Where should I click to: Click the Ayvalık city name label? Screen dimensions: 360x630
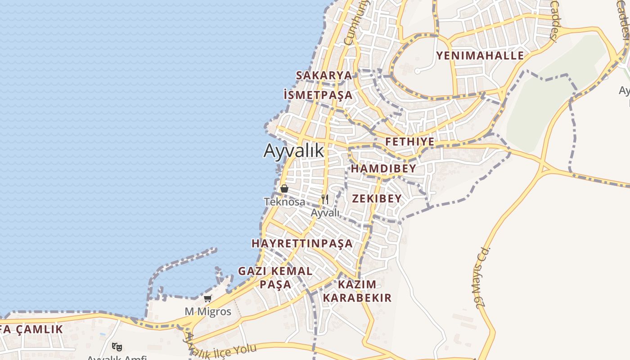293,150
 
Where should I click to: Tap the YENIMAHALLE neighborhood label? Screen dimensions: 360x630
480,56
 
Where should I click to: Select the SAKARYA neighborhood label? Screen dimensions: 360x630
324,75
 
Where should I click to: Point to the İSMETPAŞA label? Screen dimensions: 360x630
318,95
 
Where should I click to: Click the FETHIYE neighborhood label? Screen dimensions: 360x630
410,142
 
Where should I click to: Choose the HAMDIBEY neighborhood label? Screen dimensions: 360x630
383,169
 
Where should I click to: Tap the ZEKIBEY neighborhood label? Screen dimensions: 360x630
377,198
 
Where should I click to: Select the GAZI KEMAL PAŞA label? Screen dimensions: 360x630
275,278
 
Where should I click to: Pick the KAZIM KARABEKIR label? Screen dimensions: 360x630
357,291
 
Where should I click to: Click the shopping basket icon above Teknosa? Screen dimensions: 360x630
284,189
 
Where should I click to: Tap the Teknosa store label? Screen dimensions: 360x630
284,202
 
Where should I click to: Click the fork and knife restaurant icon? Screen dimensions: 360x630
325,199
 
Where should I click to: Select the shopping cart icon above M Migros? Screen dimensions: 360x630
207,298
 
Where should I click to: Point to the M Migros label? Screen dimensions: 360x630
208,311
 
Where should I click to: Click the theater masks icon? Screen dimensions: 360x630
117,346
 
